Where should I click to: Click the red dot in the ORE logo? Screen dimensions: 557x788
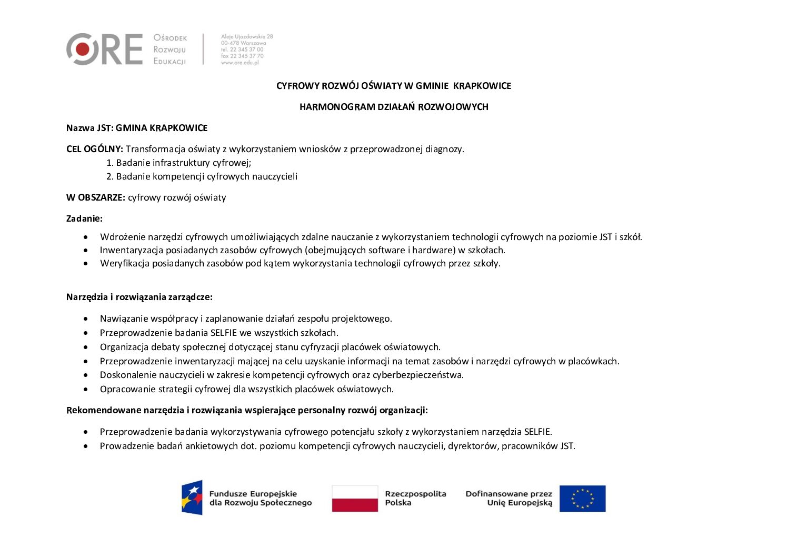83,49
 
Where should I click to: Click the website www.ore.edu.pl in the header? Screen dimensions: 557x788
240,63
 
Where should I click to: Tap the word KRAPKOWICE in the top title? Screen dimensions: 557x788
482,86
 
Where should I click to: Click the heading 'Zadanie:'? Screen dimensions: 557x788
84,218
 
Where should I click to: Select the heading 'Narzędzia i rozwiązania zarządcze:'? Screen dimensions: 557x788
139,297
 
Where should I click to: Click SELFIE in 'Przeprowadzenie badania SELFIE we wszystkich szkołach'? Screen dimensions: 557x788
223,333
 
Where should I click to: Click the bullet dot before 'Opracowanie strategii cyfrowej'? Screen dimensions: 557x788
86,390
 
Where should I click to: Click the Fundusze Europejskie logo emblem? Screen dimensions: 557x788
192,498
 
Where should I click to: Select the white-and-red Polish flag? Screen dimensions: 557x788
355,499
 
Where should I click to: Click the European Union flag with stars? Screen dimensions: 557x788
582,499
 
